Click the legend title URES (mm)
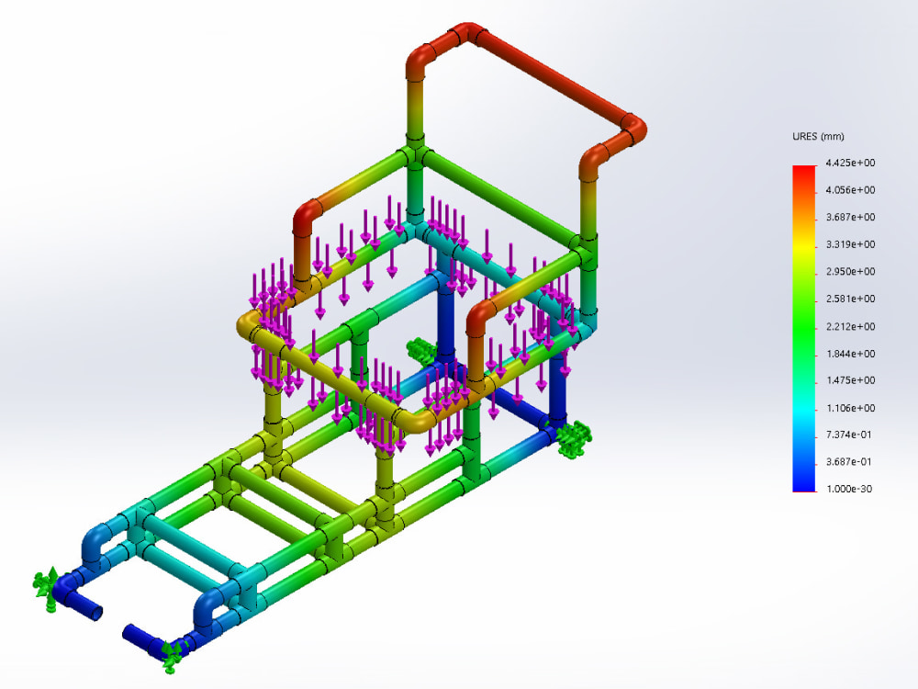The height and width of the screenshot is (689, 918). [818, 137]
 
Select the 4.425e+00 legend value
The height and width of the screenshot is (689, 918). [849, 163]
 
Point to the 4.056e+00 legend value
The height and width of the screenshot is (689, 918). [849, 190]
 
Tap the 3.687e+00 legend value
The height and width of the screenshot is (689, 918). [849, 217]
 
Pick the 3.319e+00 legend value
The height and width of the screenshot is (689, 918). [849, 244]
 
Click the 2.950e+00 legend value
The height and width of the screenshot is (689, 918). [849, 272]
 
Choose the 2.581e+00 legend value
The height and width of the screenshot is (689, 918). [849, 299]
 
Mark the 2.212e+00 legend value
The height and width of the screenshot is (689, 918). [849, 326]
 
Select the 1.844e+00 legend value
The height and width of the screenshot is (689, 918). [849, 354]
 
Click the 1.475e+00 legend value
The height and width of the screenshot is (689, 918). [849, 380]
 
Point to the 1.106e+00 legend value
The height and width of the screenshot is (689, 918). [849, 408]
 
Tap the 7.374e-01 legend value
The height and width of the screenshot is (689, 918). [849, 435]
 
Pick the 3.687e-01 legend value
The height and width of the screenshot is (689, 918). [849, 462]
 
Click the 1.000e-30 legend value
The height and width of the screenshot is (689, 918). [849, 489]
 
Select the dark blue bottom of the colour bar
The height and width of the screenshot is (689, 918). [804, 483]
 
